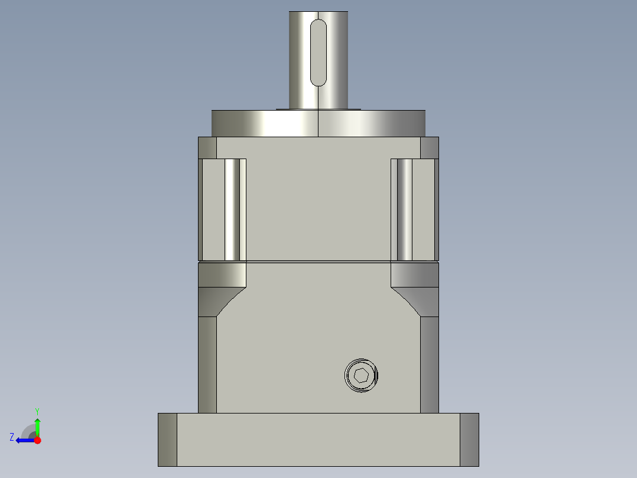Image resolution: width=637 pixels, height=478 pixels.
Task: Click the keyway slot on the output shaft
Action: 318,53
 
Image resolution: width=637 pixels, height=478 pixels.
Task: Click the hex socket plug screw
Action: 361,375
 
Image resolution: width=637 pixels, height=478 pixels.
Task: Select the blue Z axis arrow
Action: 24,440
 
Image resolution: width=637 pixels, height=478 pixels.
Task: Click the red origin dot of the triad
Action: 37,440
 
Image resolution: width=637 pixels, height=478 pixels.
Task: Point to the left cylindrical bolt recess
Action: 235,210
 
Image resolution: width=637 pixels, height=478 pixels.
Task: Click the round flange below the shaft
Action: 318,124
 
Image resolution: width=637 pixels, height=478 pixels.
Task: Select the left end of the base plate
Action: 167,440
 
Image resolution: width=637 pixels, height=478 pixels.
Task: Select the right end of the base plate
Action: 469,440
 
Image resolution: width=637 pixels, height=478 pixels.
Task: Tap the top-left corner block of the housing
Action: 207,147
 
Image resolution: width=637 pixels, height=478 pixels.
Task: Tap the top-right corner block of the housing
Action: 430,147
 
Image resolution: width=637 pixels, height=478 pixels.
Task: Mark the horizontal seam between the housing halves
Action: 318,261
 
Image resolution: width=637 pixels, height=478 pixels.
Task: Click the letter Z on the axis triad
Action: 12,437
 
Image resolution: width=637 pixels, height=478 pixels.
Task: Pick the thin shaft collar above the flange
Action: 318,109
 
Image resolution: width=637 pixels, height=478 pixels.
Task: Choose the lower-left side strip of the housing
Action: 207,364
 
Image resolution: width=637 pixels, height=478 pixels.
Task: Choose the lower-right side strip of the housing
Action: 430,364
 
